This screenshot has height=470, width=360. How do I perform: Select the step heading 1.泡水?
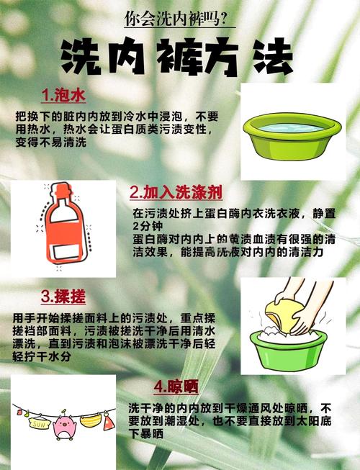(63, 96)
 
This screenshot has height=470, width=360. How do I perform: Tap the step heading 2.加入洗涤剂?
(176, 192)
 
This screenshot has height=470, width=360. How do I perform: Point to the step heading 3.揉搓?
(63, 297)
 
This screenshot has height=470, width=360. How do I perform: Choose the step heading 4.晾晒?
(176, 387)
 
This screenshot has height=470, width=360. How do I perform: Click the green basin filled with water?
(292, 136)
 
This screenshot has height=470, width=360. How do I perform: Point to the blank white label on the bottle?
(66, 252)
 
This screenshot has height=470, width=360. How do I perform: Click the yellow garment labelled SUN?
(39, 422)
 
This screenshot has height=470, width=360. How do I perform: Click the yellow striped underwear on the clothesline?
(91, 420)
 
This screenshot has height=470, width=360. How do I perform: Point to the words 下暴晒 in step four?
(146, 433)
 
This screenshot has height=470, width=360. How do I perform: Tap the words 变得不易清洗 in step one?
(51, 142)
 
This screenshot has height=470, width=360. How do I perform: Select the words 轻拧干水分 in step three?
(42, 357)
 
